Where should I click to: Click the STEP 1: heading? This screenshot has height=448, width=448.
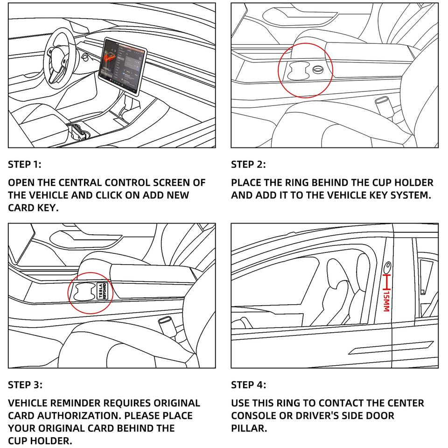point(25,165)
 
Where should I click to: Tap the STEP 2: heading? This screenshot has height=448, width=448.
point(248,165)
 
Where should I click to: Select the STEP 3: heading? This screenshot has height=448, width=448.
point(25,385)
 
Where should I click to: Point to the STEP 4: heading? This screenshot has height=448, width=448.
point(249,385)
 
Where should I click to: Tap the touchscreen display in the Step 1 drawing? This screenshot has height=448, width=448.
point(122,66)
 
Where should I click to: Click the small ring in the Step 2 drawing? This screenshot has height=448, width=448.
point(318,70)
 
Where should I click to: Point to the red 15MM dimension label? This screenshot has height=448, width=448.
point(386,301)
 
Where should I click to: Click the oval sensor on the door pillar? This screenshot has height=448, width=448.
point(387,267)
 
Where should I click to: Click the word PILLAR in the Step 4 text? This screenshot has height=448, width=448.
point(249,428)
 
